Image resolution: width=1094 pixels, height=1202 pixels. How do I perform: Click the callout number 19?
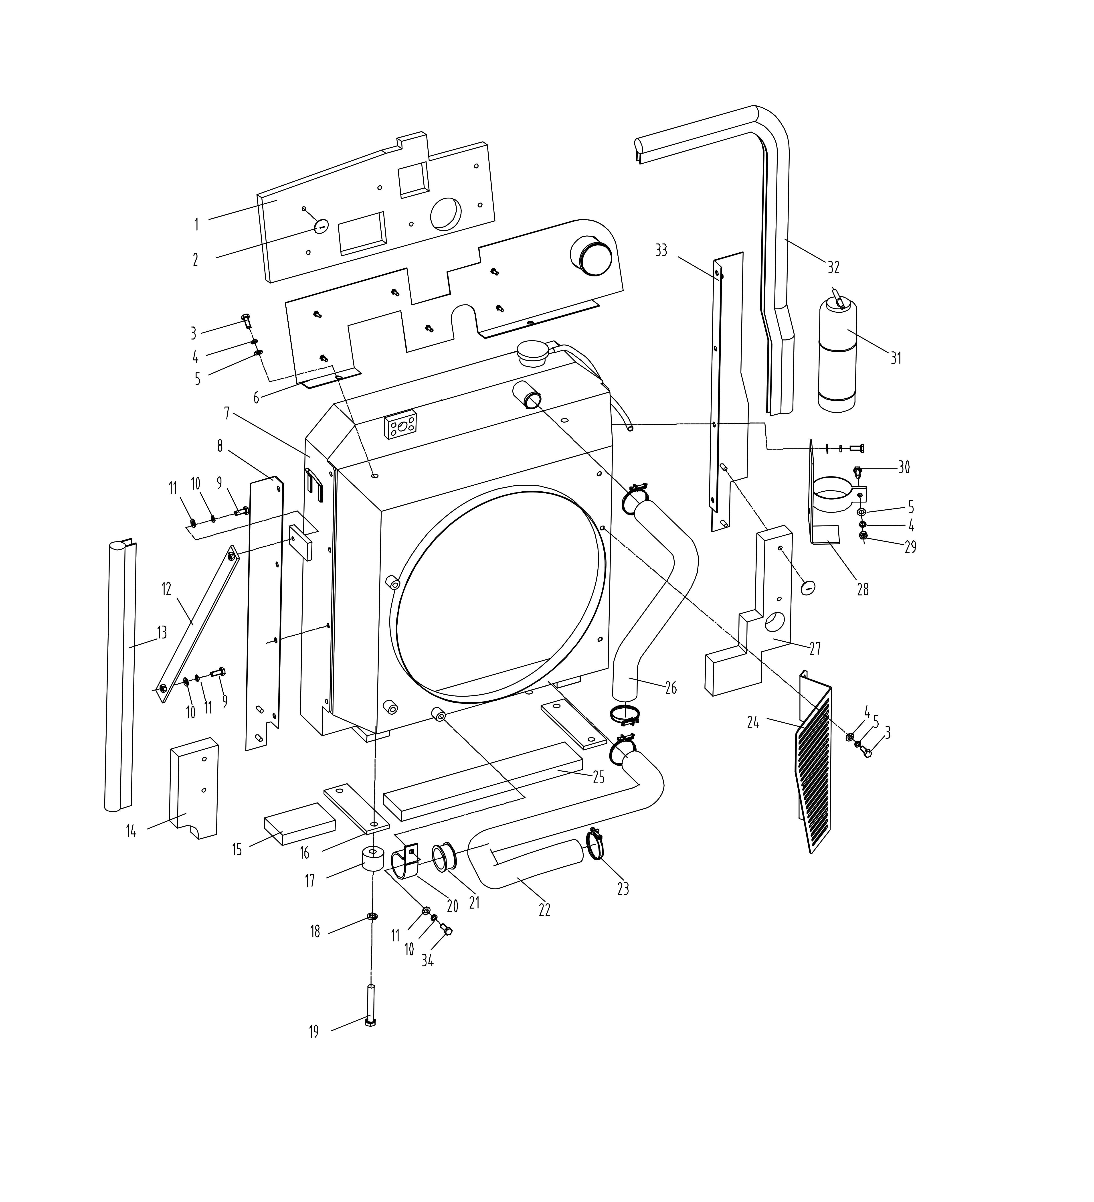(x=313, y=1032)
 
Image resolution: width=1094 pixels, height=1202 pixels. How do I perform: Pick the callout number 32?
(x=833, y=268)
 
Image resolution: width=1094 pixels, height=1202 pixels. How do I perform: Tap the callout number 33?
(x=661, y=250)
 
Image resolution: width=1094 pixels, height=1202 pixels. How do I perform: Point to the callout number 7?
(x=227, y=413)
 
